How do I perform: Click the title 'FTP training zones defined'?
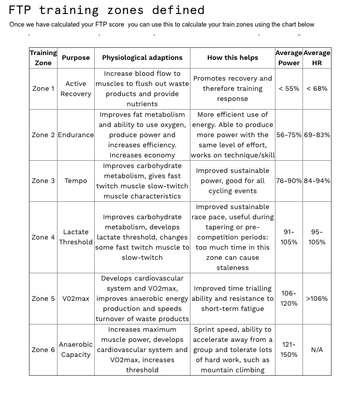pos(107,10)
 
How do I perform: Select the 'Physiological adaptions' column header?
pos(142,57)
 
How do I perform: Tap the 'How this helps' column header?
pos(232,57)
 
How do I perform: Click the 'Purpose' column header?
pos(76,57)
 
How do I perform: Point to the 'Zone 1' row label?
pos(43,89)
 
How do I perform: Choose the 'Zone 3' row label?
pos(43,181)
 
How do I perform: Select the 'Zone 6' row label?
pos(43,350)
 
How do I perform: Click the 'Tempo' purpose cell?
pos(76,181)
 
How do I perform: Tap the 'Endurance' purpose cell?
pos(76,135)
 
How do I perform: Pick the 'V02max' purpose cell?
pos(76,298)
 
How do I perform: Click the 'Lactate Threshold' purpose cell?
pos(76,237)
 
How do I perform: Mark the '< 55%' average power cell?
pos(289,89)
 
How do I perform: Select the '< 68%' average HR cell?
pos(317,89)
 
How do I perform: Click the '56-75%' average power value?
pos(289,135)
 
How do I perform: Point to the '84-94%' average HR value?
pos(317,181)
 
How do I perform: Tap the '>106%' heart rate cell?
pos(317,298)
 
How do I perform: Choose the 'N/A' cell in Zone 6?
pos(317,350)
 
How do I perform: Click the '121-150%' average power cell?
pos(289,350)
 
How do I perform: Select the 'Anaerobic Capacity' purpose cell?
pos(76,350)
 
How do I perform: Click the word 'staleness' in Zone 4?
pos(232,267)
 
